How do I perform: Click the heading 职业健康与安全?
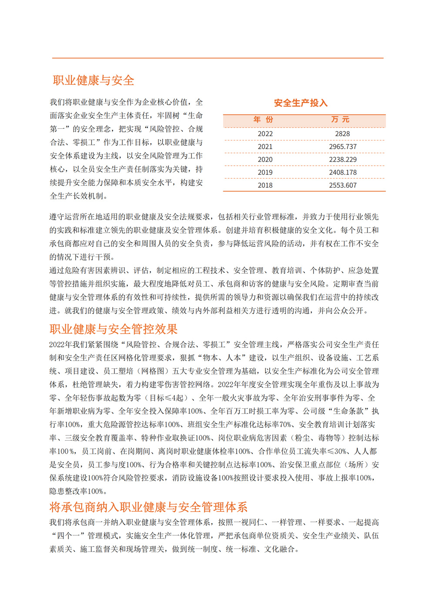[94, 80]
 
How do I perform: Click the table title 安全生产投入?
[301, 103]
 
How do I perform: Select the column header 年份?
[264, 120]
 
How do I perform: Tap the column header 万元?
[340, 120]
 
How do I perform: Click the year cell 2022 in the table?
[265, 134]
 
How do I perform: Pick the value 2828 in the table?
[342, 134]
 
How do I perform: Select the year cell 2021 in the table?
[265, 147]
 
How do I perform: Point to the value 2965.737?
[343, 147]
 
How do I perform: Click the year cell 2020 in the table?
[265, 160]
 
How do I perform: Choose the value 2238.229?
[343, 160]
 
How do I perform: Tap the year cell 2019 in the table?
[265, 172]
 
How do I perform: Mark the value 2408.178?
[343, 172]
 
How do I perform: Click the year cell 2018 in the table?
[265, 185]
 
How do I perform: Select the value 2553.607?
[343, 185]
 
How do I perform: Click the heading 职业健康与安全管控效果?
[114, 329]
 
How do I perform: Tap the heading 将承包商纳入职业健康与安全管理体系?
[148, 507]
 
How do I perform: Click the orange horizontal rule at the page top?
[217, 58]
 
